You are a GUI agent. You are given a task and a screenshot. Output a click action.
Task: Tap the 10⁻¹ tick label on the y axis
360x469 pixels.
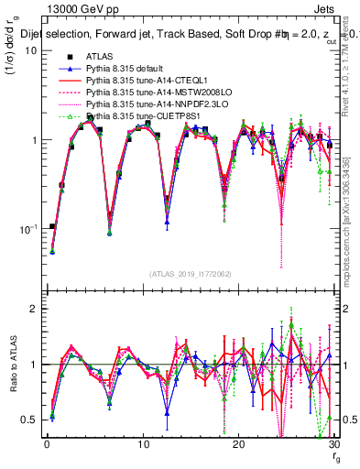pos(27,229)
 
